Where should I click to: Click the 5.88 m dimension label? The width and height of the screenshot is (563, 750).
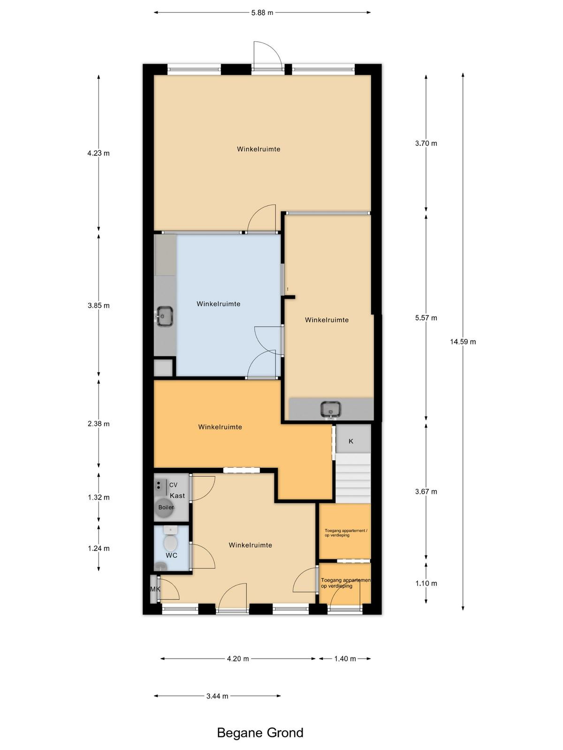click(262, 13)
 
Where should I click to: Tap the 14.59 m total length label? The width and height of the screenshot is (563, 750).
click(463, 341)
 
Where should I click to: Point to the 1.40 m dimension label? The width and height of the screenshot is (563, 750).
click(345, 659)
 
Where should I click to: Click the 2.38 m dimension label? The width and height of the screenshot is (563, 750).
click(99, 424)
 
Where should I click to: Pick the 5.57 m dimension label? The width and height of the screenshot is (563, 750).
click(426, 318)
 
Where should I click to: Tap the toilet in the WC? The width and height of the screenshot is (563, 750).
click(170, 539)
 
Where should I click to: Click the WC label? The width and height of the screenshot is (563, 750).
click(172, 555)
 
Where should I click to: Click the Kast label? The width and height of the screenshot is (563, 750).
click(177, 495)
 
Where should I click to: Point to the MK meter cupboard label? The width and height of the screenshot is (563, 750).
click(155, 589)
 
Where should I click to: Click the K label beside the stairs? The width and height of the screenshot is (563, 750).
click(351, 441)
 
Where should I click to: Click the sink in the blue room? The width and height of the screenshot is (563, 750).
click(164, 316)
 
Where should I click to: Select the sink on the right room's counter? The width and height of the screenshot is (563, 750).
click(331, 409)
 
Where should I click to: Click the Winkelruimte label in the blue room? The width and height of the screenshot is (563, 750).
click(219, 304)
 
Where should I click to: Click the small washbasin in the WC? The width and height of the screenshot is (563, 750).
click(160, 567)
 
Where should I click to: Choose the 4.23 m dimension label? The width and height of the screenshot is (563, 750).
click(99, 153)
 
